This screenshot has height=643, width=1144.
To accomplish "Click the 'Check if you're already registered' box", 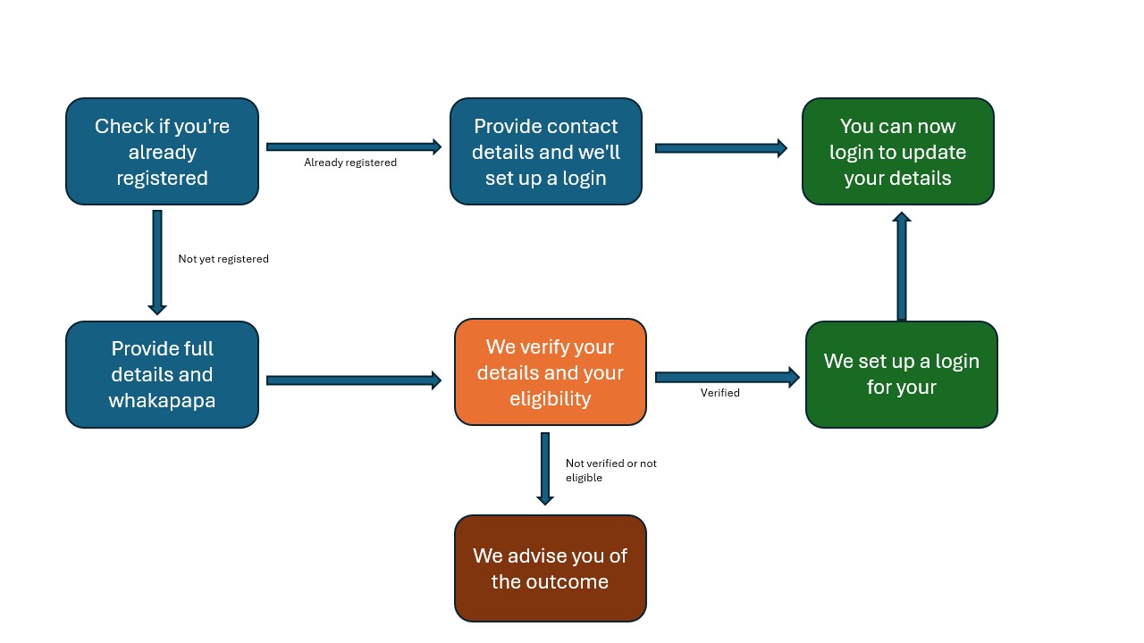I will [x=162, y=152].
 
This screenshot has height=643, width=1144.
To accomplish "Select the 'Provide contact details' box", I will [x=546, y=152].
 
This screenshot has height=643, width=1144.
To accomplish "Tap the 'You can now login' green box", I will [x=897, y=152].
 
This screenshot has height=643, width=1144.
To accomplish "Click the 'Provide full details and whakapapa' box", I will [x=162, y=374].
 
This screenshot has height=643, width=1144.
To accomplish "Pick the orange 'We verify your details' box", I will [x=550, y=372].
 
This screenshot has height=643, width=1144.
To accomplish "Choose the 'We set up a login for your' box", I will [x=901, y=374].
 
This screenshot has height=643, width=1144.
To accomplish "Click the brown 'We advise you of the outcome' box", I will [x=550, y=568].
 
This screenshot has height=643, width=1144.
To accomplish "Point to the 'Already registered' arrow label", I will [x=350, y=163].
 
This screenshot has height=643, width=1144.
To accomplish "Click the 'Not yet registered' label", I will [x=223, y=259].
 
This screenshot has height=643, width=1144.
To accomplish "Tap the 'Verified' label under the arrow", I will [x=719, y=393].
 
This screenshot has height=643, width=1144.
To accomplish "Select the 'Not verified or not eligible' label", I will [x=610, y=471].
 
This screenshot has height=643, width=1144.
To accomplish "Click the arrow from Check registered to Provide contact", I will [x=354, y=146].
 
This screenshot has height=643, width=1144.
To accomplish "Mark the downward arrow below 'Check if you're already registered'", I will [x=157, y=262].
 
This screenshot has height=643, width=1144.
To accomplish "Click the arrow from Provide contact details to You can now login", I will [x=720, y=148].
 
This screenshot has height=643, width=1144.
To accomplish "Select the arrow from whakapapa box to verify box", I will [x=354, y=380].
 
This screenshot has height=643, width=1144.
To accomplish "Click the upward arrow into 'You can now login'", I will [x=902, y=266].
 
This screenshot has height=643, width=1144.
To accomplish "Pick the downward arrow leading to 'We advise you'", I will [x=544, y=468].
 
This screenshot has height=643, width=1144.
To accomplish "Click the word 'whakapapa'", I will [x=162, y=400].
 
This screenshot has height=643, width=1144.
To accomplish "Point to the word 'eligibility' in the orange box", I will [x=550, y=398].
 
